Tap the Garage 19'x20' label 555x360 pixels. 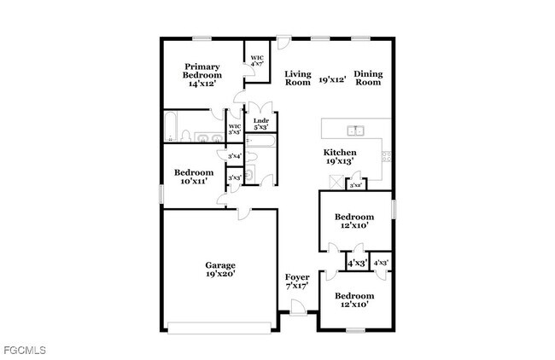point(219,270)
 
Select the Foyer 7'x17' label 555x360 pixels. point(297,282)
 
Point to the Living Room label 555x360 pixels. point(297,78)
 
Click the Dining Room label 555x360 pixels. point(368,78)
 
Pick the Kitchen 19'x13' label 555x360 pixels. point(339,155)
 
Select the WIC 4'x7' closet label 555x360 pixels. point(257,62)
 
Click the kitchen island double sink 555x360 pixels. point(356,131)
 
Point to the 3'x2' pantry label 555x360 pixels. point(355,184)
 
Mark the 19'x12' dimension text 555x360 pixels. point(332,79)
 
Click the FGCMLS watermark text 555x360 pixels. point(24,351)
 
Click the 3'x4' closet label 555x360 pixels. point(234,156)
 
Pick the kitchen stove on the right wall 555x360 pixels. point(387,157)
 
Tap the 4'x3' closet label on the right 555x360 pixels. point(381,263)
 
